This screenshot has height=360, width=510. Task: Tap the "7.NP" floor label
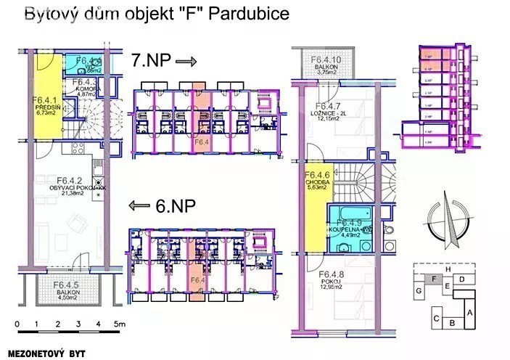(149, 60)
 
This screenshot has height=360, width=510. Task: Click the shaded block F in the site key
(434, 277)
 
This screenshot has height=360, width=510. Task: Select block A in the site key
(470, 311)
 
